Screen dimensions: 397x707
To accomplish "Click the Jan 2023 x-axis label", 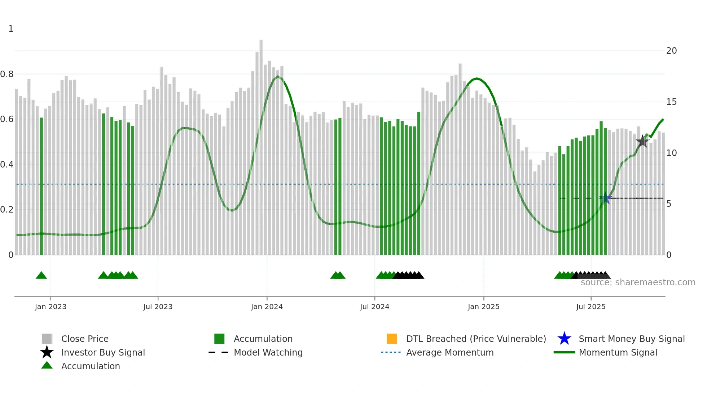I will click(50, 307).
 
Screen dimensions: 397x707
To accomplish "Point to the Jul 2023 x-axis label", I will click(158, 307).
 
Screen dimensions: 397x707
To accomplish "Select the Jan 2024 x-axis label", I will click(267, 307).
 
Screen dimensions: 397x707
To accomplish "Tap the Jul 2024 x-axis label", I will click(374, 307).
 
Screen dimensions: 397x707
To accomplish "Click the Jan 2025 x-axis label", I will click(483, 307).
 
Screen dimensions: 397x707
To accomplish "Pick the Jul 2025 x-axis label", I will click(590, 307).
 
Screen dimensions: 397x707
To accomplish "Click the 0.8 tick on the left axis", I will click(7, 74).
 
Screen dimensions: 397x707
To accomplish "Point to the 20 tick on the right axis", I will click(671, 51).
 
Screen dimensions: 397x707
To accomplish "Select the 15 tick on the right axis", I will click(671, 102).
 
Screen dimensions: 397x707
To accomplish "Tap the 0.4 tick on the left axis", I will click(7, 165).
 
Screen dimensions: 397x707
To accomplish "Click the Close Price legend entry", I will click(85, 339).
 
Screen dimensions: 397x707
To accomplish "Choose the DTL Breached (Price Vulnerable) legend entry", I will click(476, 339).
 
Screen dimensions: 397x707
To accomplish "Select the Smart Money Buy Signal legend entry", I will click(631, 339).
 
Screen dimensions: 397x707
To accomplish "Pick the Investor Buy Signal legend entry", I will click(103, 352).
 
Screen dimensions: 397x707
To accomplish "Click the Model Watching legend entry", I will click(268, 352).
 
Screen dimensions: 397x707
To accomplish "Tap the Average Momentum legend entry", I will click(449, 352).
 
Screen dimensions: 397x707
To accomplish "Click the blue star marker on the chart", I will click(605, 198).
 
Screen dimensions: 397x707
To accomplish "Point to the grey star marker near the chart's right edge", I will click(642, 141).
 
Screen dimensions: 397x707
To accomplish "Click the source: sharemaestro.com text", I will click(638, 282).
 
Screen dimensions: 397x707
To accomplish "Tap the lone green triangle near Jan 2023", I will click(41, 276).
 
